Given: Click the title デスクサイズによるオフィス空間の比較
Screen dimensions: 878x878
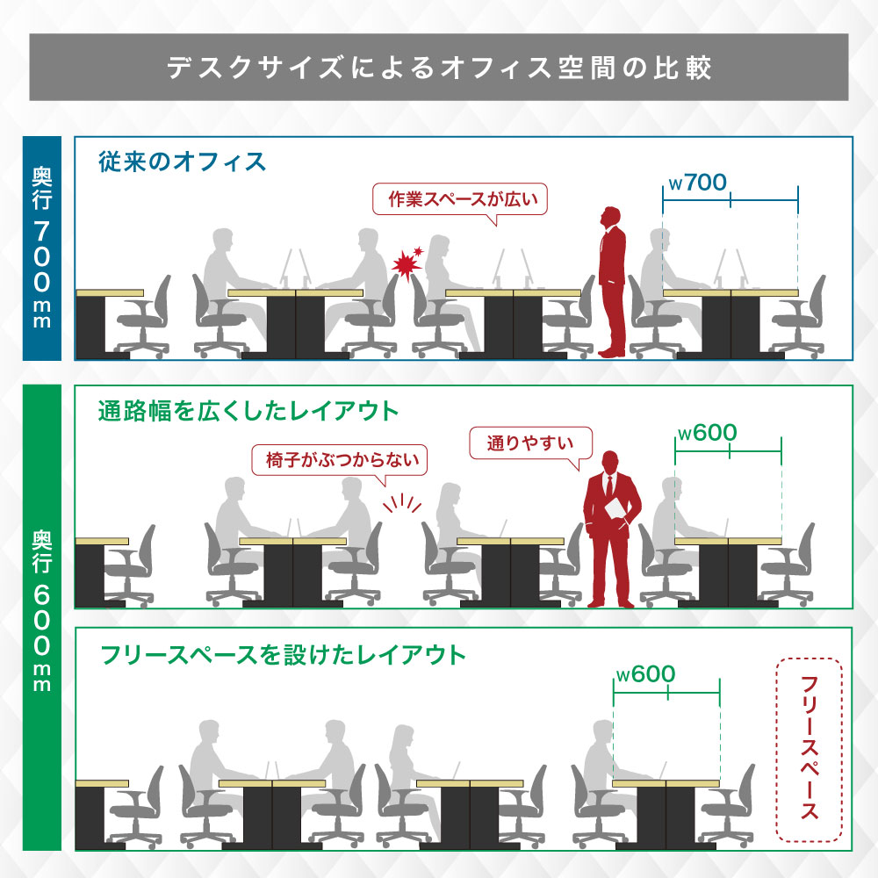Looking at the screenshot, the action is tap(439, 68).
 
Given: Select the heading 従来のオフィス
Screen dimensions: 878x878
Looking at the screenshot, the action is tap(182, 162).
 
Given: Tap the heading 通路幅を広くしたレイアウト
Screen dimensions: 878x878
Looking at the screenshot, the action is tap(248, 410).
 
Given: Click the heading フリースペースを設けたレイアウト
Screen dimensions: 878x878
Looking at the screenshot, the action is tap(283, 655).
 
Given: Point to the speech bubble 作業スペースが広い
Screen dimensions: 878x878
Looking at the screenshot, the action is tap(460, 199).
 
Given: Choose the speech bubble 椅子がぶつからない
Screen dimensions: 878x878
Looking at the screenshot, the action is tap(339, 460).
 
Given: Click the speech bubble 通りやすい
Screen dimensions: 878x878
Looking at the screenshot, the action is tap(530, 443).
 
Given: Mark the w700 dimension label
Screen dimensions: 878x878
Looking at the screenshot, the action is tap(698, 183).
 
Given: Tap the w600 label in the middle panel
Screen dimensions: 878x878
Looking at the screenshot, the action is tap(707, 433).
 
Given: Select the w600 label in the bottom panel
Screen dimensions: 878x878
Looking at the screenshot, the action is tap(645, 674).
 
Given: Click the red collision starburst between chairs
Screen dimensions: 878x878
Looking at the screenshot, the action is tap(407, 262).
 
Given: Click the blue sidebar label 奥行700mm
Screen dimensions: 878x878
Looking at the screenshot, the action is tap(42, 248).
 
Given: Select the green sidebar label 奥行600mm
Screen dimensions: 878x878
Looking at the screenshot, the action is tap(42, 617).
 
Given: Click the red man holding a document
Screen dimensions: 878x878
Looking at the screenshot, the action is tap(611, 529).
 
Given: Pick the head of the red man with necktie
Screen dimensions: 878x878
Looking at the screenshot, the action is tap(609, 462).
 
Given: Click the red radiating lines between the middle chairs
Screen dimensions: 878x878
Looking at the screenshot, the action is tap(402, 503).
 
